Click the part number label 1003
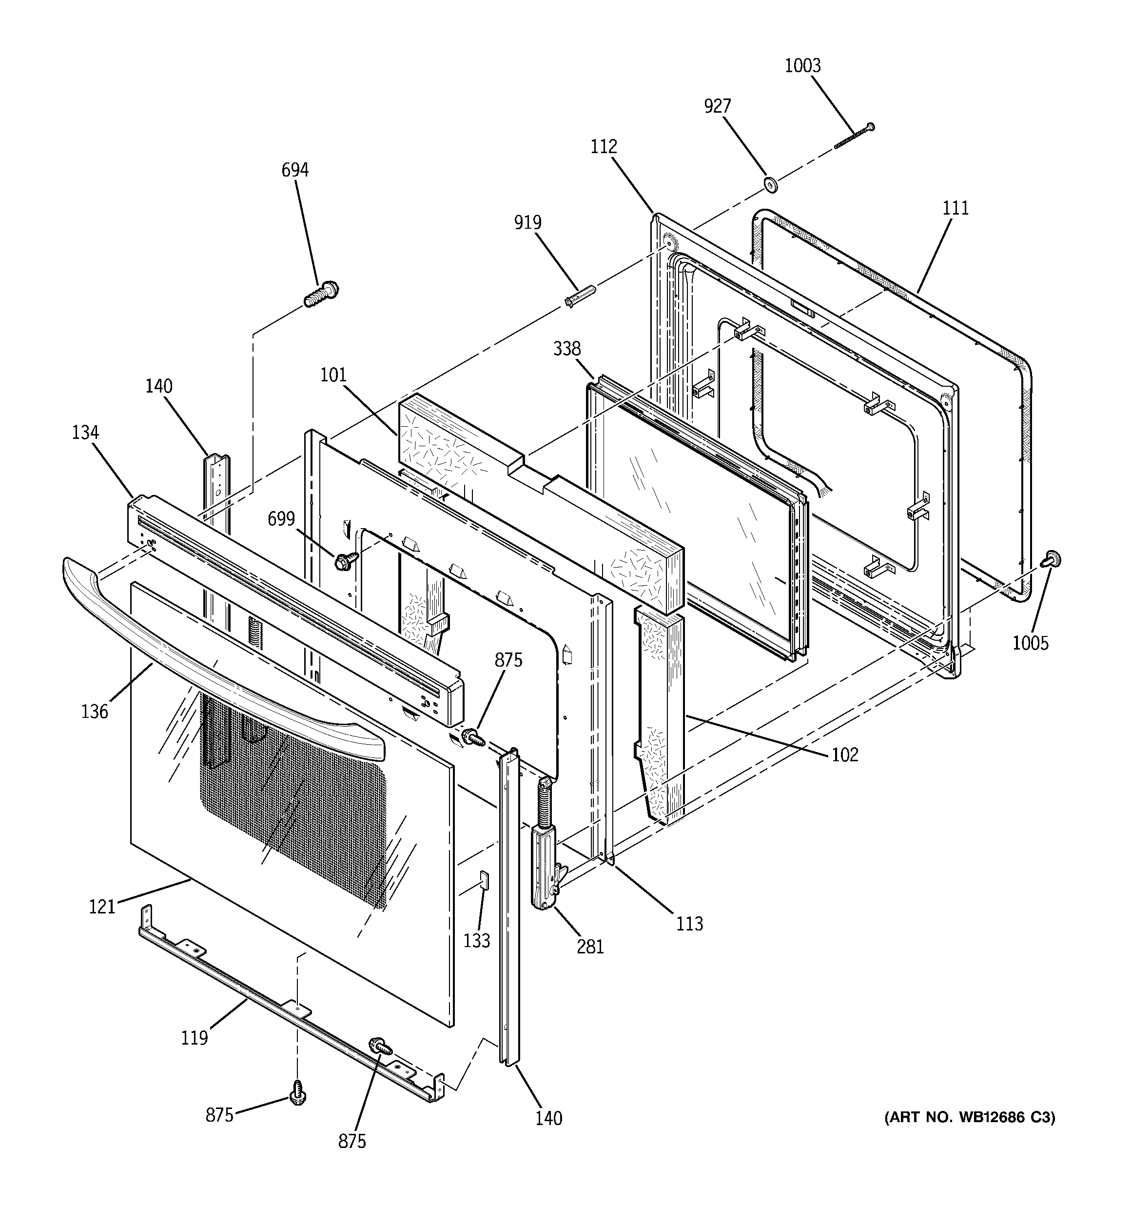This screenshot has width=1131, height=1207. [x=802, y=65]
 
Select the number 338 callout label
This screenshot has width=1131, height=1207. [x=566, y=349]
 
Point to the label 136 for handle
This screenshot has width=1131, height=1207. [x=94, y=712]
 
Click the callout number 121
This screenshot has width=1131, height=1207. [x=102, y=907]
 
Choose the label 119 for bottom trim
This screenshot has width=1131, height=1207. [x=194, y=1038]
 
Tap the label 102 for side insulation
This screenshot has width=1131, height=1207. [x=844, y=754]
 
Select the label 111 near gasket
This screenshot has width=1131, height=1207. [x=955, y=208]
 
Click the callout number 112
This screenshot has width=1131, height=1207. [x=604, y=146]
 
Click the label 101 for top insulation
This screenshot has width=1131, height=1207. [x=333, y=375]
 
